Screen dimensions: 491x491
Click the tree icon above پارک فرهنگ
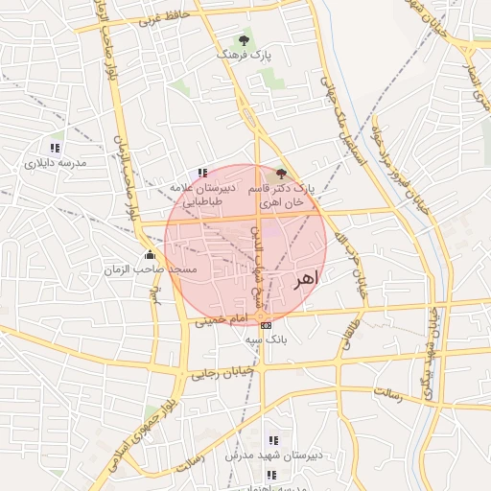pyautogui.click(x=244, y=40)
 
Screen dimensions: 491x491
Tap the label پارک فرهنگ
pyautogui.click(x=244, y=57)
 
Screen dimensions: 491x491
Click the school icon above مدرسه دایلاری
pyautogui.click(x=55, y=148)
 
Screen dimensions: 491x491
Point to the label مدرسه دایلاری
pyautogui.click(x=55, y=163)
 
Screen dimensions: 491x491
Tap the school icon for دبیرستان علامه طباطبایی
pyautogui.click(x=201, y=172)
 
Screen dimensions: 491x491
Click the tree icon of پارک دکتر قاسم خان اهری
pyautogui.click(x=281, y=174)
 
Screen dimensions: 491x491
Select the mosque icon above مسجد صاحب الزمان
pyautogui.click(x=150, y=255)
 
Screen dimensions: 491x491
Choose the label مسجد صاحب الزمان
pyautogui.click(x=150, y=270)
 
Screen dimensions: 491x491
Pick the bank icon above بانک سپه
pyautogui.click(x=266, y=325)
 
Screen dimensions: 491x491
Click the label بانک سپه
pyautogui.click(x=266, y=339)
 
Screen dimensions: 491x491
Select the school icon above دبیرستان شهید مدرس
pyautogui.click(x=272, y=440)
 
